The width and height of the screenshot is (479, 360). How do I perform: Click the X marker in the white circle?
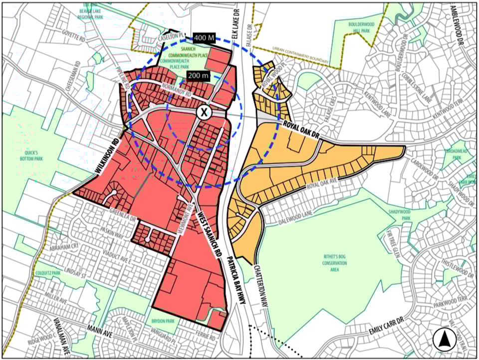pos(204,112)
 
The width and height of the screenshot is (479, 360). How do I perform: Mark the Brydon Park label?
pos(159,323)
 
